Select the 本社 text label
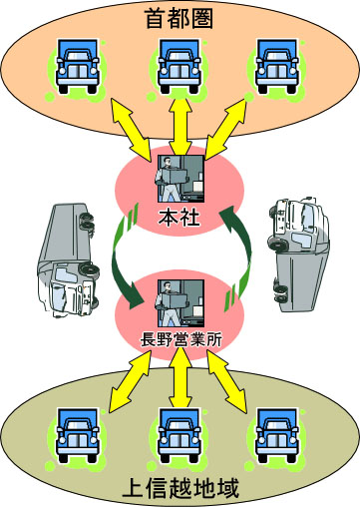coord(180,217)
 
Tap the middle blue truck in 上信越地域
coord(180,436)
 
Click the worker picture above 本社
coord(180,180)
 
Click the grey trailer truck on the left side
coord(65,255)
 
